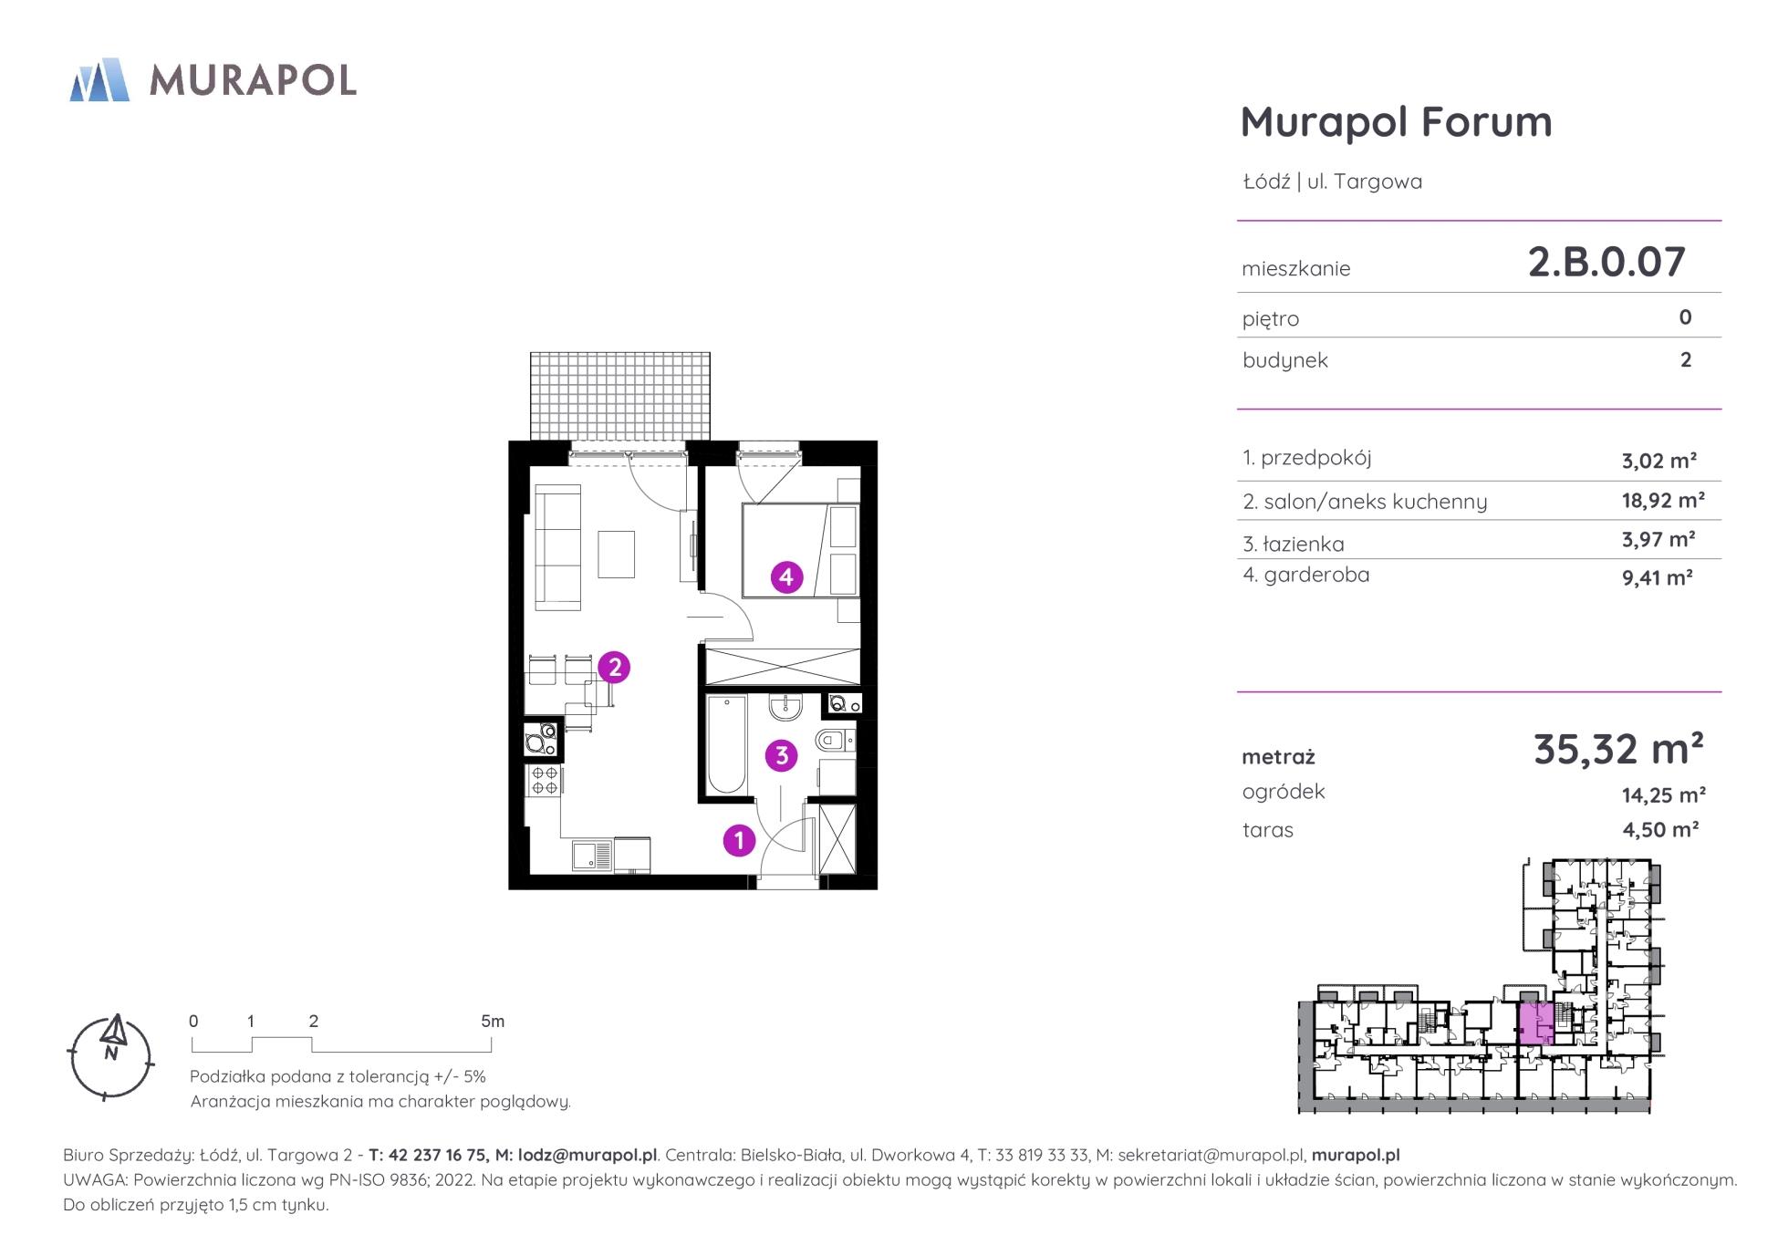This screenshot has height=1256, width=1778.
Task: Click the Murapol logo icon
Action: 99,79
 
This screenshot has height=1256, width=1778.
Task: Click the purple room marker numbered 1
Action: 739,840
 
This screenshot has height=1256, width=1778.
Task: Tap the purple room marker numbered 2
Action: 614,668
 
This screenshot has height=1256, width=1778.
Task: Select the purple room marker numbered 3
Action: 782,755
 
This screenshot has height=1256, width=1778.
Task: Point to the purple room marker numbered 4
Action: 786,576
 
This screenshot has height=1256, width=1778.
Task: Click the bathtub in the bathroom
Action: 727,744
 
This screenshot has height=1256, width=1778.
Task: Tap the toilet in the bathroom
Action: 835,740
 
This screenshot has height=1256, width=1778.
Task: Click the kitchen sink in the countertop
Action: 592,856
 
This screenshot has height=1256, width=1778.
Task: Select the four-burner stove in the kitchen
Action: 545,781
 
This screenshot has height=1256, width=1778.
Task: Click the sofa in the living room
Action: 557,547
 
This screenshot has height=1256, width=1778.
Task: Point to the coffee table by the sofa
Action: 617,554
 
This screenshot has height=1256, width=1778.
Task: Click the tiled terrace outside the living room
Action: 620,397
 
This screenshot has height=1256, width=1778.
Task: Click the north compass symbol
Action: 111,1057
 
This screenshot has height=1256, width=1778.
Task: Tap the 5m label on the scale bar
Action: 493,1022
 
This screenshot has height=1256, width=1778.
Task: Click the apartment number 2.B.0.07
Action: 1606,262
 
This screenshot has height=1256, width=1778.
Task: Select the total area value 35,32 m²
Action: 1618,749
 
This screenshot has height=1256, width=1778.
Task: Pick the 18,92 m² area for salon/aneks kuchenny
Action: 1663,500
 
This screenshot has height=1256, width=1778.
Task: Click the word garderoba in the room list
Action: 1316,575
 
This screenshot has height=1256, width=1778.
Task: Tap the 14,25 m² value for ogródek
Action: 1663,795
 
